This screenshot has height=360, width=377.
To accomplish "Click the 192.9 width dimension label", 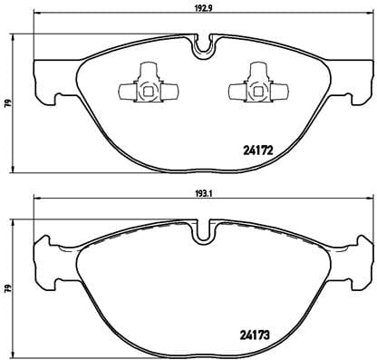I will (203, 9).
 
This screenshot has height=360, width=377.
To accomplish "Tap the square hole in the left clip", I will (145, 88).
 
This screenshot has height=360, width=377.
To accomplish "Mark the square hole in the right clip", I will (253, 88).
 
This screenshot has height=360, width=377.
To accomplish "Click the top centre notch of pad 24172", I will (204, 43).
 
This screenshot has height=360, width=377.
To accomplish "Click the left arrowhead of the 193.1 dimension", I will (34, 198).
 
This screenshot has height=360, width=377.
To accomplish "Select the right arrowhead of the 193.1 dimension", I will (372, 198).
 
